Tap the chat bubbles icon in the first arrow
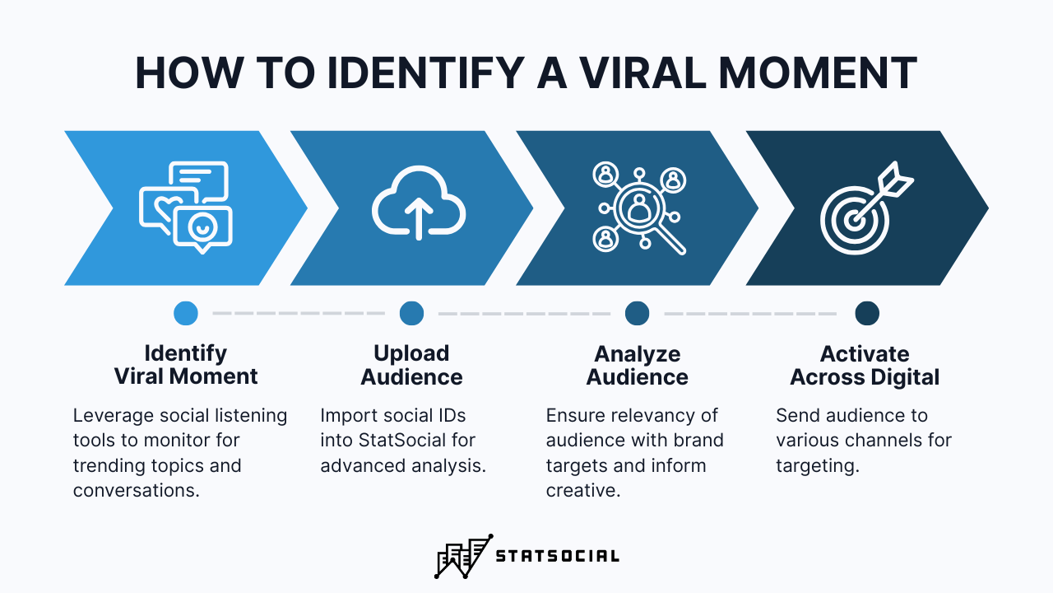pos(186,205)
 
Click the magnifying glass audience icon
pos(639,207)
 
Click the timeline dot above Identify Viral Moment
pos(186,313)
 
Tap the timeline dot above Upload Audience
pos(411,313)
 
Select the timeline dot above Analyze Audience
pos(637,313)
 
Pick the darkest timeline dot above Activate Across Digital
pos(866,313)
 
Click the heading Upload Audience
pos(411,365)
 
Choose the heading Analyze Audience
pos(638,365)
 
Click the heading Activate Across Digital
pos(865,366)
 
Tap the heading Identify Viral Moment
pos(186,365)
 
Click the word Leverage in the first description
pos(108,416)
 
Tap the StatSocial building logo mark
pos(463,556)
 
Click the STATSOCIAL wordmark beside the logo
pos(557,557)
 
